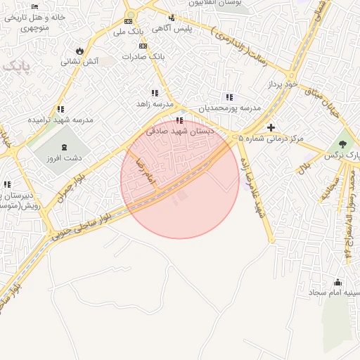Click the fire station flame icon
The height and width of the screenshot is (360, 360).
[x=79, y=51]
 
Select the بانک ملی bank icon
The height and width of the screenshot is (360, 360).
[x=129, y=21]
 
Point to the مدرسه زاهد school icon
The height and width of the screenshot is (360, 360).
[x=155, y=92]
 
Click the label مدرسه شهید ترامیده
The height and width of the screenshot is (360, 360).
[x=60, y=120]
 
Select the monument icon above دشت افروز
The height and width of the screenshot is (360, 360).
[x=65, y=148]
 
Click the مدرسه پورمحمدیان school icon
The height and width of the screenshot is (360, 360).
[x=229, y=97]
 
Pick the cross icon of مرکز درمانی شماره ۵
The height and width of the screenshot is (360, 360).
[x=271, y=127]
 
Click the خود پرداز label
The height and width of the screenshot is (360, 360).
[x=283, y=84]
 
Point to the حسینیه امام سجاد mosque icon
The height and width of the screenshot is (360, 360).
[x=337, y=281]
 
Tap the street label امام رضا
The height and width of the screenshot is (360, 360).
[x=144, y=172]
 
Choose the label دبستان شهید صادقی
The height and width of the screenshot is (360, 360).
[x=180, y=131]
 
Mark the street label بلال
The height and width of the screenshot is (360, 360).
[x=304, y=167]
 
